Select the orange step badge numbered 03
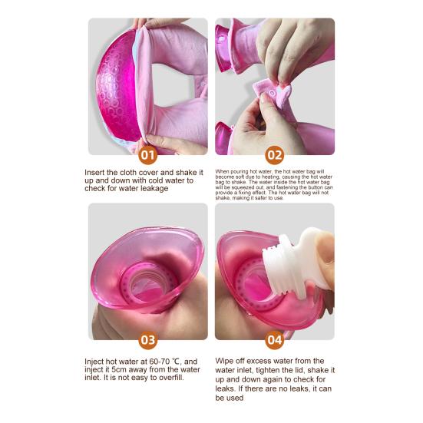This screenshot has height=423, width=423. tap(148, 339)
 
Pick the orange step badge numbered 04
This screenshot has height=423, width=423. tap(274, 339)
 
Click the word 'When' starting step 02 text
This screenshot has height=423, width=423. tap(223, 170)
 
